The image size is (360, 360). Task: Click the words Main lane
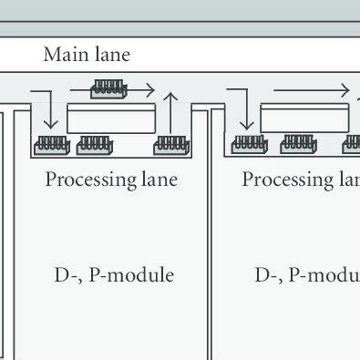(x=87, y=55)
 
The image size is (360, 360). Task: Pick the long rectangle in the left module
(x=109, y=118)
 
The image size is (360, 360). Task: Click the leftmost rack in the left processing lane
(x=51, y=143)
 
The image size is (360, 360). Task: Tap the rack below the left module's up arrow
(x=172, y=143)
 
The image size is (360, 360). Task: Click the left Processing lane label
(x=110, y=180)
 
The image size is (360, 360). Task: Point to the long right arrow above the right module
(x=310, y=91)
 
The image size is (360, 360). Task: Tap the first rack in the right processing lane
(x=249, y=143)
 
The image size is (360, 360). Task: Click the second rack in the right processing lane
(x=298, y=143)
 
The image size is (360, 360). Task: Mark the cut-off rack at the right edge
(x=352, y=143)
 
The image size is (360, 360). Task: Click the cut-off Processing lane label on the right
(x=301, y=180)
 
